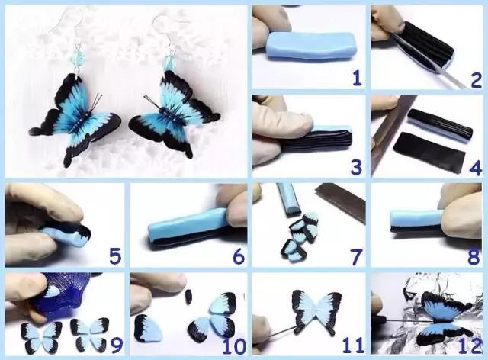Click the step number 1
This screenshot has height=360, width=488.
click(x=357, y=78)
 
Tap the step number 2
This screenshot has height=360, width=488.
click(x=476, y=79)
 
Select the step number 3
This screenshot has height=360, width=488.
click(x=356, y=167)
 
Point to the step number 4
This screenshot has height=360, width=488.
click(x=476, y=167)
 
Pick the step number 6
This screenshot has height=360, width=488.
click(x=239, y=256)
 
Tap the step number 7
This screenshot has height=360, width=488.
click(x=356, y=256)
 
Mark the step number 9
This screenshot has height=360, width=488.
click(x=117, y=345)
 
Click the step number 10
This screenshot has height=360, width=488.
click(x=234, y=346)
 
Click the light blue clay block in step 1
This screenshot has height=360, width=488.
click(x=311, y=46)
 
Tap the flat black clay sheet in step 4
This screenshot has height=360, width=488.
click(x=429, y=152)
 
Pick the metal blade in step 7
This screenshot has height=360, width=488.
click(x=341, y=201)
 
